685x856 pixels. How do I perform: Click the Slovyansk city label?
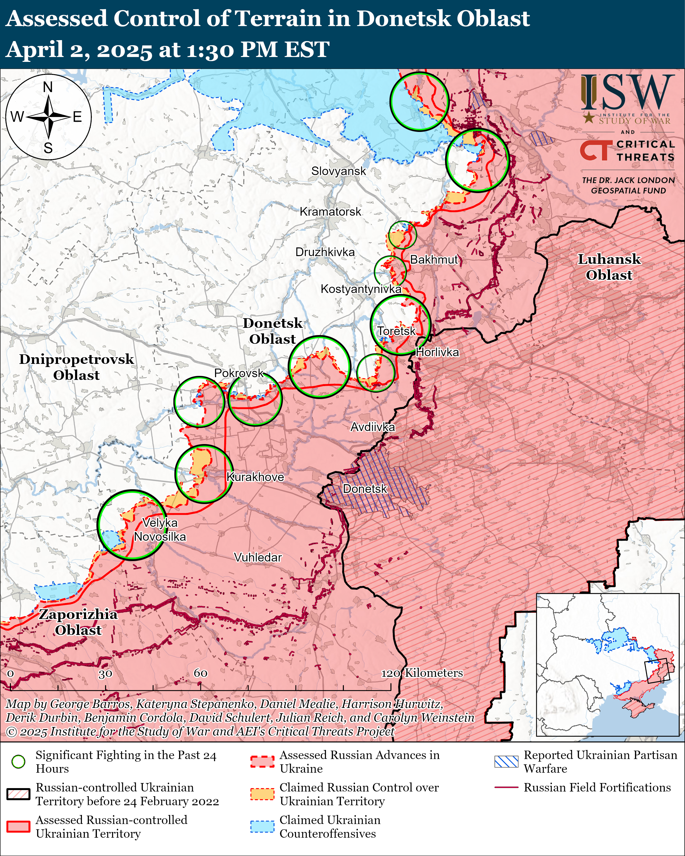point(338,171)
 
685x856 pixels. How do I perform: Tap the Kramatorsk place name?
point(330,212)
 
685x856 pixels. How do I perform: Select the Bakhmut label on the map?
point(434,260)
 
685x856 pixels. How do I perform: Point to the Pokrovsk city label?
point(239,373)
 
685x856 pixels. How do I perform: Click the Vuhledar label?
point(258,557)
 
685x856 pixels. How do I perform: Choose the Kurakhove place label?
point(255,477)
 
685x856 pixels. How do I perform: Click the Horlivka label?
point(437,352)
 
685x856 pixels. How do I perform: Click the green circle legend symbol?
point(18,762)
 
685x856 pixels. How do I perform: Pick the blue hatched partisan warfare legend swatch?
point(506,762)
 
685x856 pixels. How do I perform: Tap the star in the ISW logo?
point(589,117)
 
